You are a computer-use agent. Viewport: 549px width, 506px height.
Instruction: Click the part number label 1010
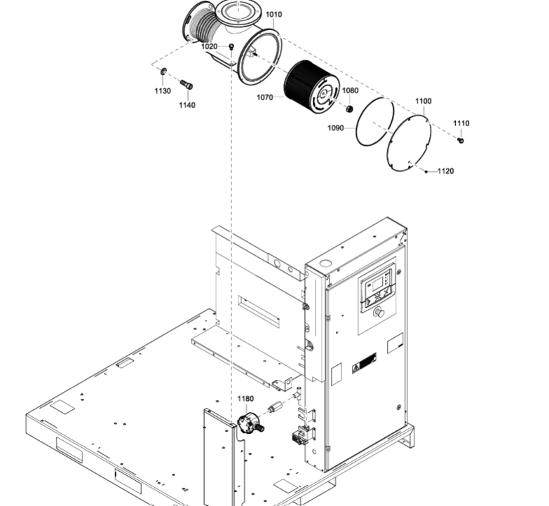pos(273,14)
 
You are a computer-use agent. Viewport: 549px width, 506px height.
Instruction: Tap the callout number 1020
pos(209,46)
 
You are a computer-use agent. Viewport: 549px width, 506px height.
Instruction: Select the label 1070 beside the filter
pos(265,97)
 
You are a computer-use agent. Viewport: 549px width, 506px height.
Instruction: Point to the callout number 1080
pos(350,90)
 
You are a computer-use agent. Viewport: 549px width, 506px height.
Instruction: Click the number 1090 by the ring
pos(335,128)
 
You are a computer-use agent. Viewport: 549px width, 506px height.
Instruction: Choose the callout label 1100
pos(423,101)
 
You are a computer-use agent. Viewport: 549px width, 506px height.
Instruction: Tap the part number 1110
pos(461,123)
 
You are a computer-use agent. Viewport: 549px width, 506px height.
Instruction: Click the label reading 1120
pos(446,171)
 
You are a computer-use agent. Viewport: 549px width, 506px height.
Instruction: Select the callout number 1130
pos(163,91)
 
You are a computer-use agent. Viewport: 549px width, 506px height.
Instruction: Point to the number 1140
pos(187,105)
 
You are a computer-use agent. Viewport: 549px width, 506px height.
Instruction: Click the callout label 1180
pos(245,399)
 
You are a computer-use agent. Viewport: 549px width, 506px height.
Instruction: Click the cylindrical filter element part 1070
pos(311,87)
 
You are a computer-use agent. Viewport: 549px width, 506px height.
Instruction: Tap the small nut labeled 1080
pos(349,109)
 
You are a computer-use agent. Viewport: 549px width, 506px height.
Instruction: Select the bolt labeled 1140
pos(187,85)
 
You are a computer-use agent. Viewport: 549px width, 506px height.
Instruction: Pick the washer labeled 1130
pos(163,71)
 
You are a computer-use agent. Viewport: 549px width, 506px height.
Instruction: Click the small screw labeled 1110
pos(461,140)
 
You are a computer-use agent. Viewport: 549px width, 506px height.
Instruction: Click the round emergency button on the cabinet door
pos(379,311)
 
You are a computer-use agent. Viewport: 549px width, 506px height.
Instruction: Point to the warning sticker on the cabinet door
pos(364,362)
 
